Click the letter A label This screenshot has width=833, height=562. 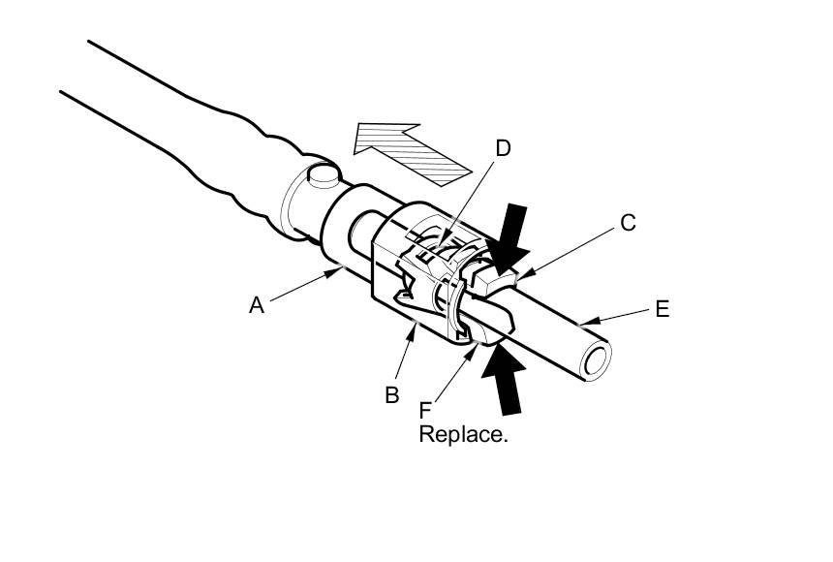256,305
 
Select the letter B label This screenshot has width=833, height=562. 391,394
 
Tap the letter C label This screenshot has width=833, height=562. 628,224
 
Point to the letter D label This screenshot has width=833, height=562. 503,148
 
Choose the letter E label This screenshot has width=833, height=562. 663,309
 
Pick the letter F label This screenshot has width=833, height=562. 426,410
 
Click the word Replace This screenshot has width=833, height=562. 463,434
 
